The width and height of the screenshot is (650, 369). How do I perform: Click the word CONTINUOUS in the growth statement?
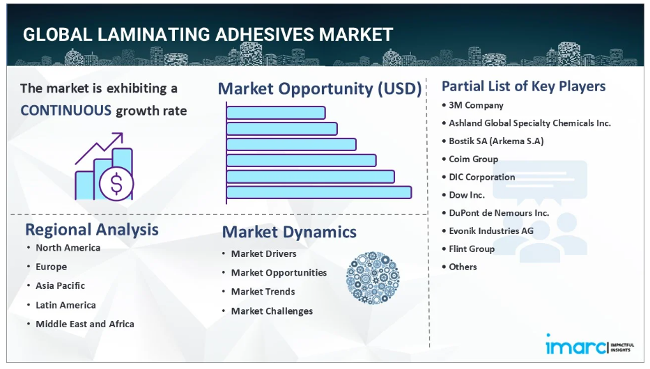66,111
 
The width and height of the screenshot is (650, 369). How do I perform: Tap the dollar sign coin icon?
116,184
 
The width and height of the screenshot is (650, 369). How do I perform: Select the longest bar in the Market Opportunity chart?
319,193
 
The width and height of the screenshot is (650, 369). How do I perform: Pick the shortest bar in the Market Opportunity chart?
276,113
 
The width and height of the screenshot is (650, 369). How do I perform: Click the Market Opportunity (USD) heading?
320,88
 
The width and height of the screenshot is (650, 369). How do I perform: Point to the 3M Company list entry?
476,105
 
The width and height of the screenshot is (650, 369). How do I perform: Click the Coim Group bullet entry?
474,159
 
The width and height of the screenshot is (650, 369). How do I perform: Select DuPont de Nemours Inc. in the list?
499,213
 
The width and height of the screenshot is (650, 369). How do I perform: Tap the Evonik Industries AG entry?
491,230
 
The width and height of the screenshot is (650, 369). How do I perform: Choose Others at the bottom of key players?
463,267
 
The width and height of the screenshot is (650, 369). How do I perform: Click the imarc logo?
589,345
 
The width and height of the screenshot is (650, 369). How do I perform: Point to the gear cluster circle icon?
373,278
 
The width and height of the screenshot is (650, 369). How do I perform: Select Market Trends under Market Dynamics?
263,292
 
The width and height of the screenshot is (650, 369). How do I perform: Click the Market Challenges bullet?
272,311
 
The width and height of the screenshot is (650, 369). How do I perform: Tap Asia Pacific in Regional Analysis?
60,285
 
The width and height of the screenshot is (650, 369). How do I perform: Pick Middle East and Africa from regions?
85,324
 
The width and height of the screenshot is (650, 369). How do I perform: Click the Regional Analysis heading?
92,230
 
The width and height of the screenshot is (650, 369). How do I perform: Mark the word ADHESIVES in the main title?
265,35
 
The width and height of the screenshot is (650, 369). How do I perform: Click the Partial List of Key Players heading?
524,86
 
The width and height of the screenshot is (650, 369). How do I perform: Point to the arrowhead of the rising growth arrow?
120,136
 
